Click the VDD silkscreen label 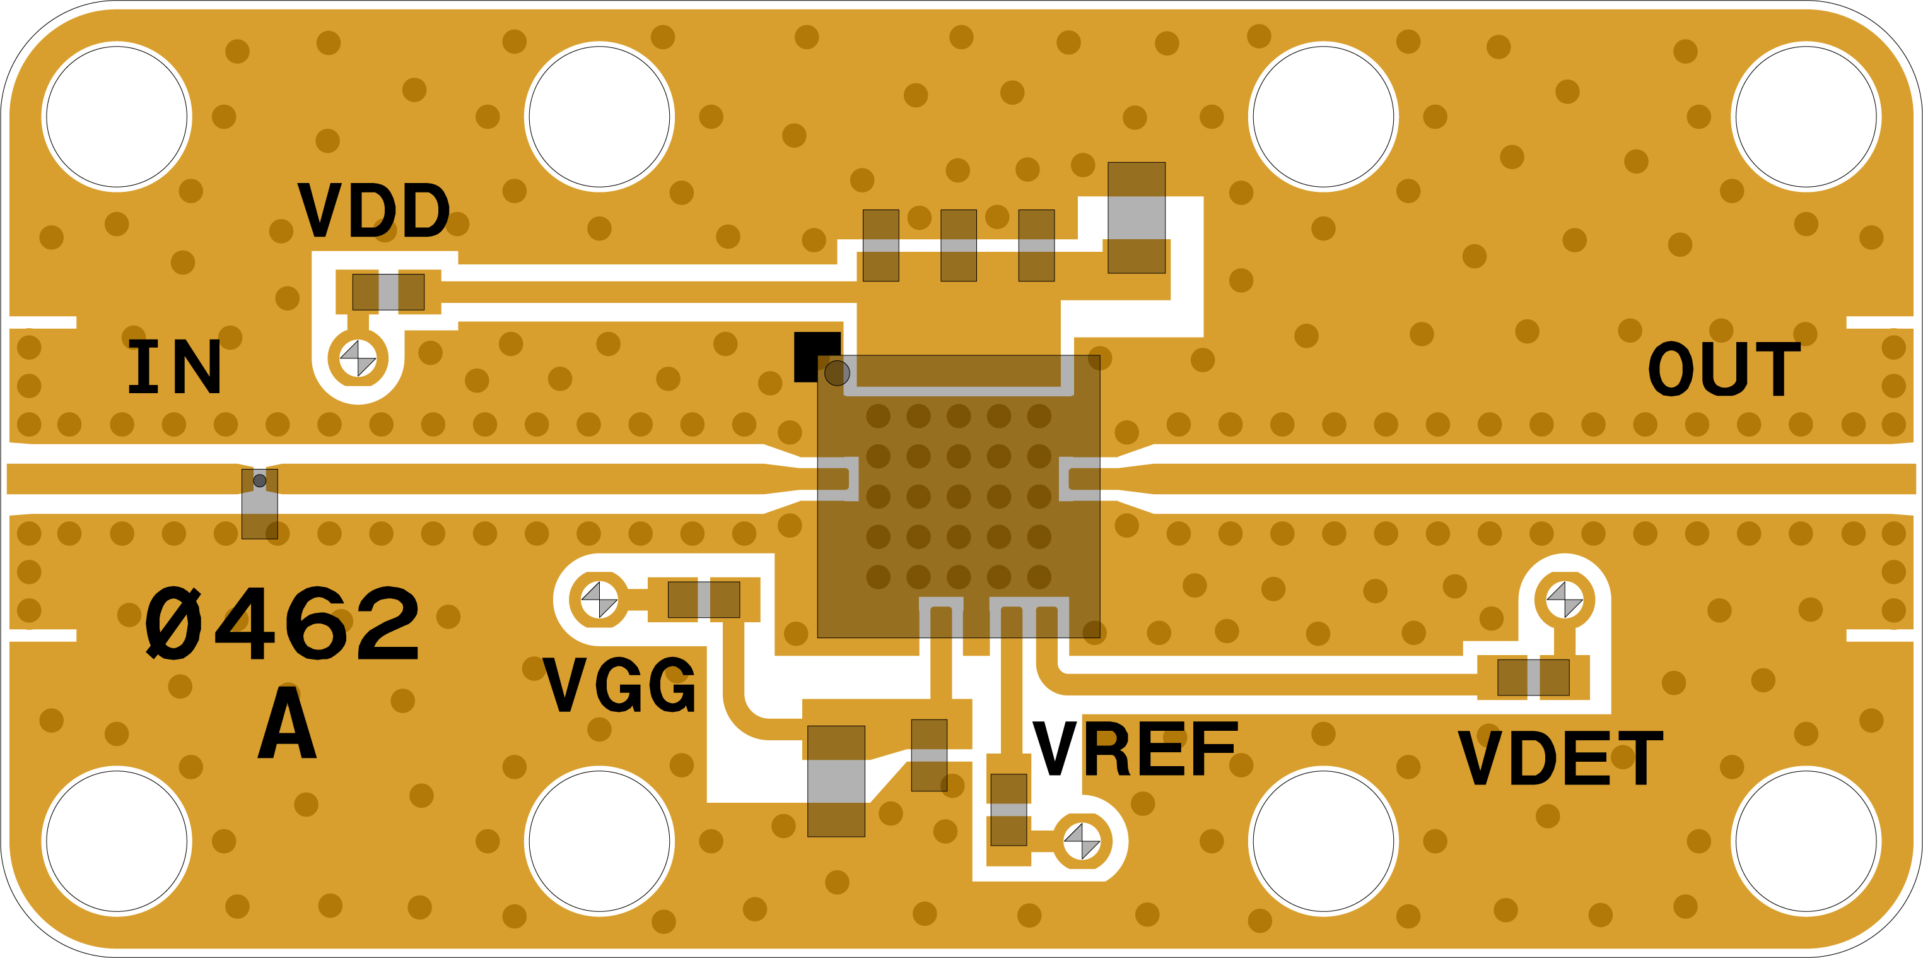[x=373, y=211]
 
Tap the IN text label [x=175, y=366]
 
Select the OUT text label [x=1724, y=368]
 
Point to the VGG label [x=619, y=685]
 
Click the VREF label [x=1135, y=749]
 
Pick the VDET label [x=1561, y=758]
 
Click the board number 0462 [x=281, y=623]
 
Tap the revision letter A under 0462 [x=288, y=722]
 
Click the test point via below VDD [x=358, y=358]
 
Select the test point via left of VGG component [x=599, y=600]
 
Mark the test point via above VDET [x=1565, y=600]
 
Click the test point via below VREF [x=1082, y=841]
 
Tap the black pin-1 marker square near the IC [x=817, y=357]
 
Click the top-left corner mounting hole [x=117, y=117]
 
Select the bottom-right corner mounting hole [x=1806, y=841]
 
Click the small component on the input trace [x=260, y=504]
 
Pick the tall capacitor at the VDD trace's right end [x=1136, y=218]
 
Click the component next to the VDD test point [x=388, y=292]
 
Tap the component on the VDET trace [x=1533, y=677]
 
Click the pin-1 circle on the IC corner [x=837, y=372]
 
